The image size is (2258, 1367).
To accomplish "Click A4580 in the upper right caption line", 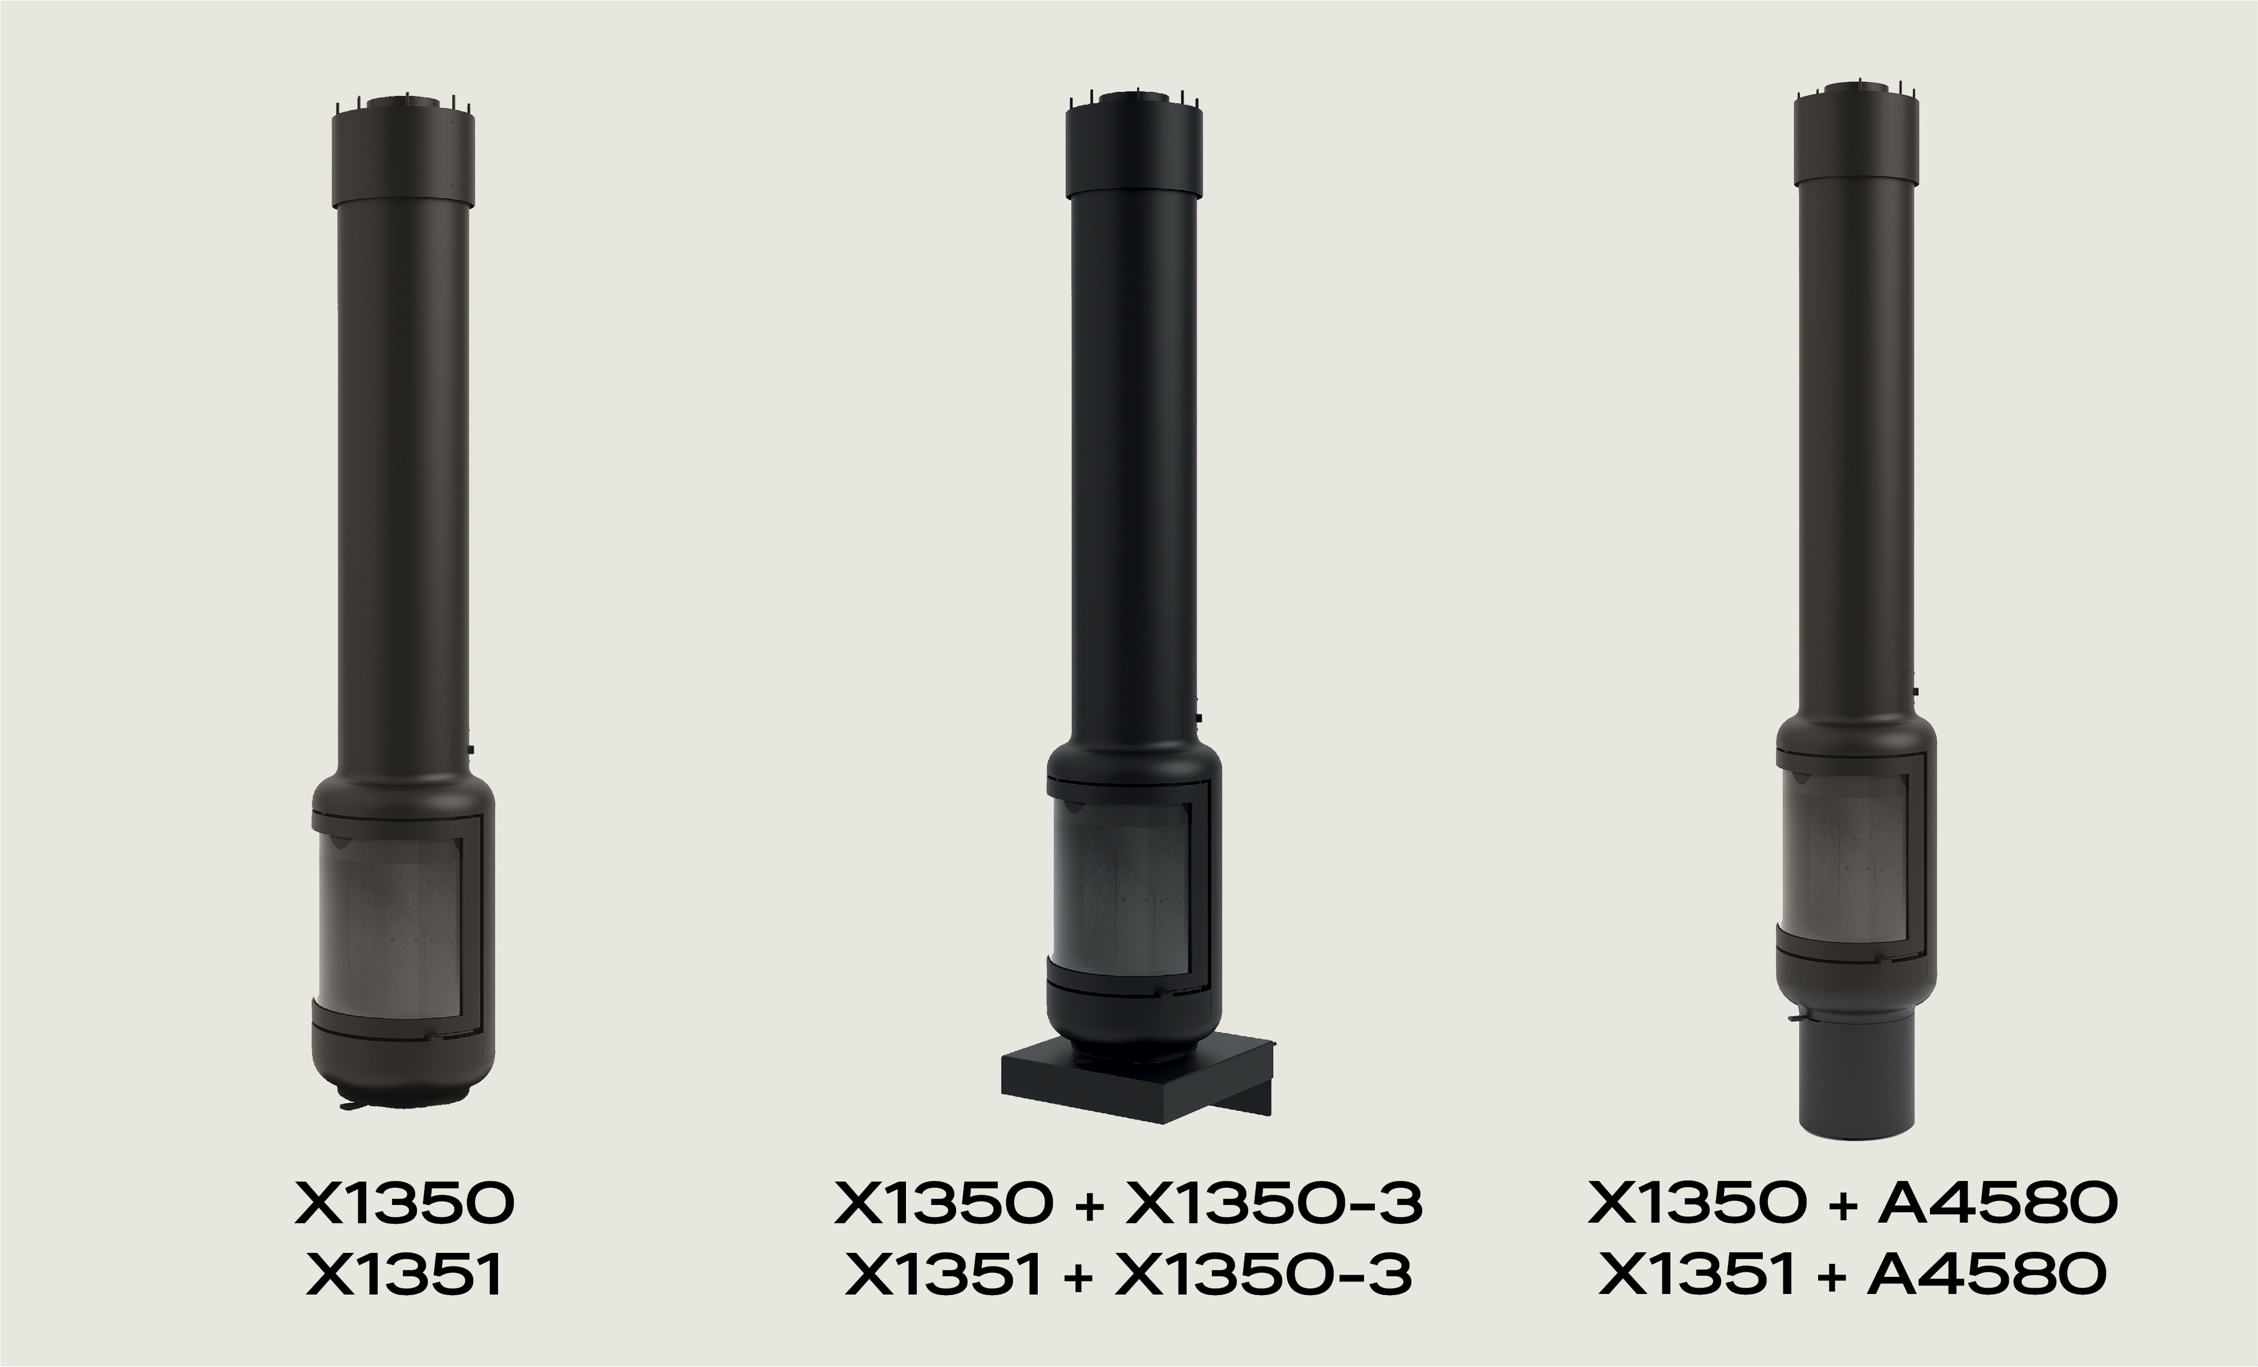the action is pyautogui.click(x=1998, y=1203).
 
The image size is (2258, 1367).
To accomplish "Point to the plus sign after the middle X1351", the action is pyautogui.click(x=1079, y=1276).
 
